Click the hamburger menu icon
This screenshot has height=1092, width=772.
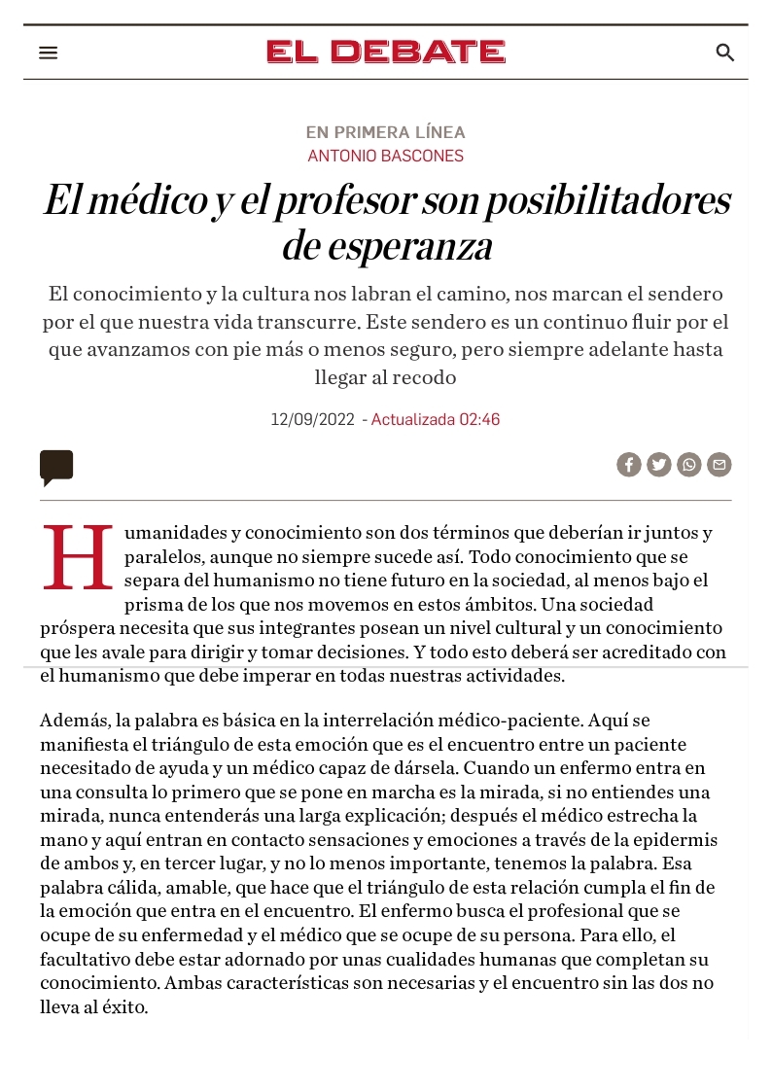(49, 53)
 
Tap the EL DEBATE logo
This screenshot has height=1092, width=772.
(386, 52)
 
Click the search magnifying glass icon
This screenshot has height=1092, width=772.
(724, 53)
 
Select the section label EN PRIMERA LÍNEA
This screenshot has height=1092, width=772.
(386, 132)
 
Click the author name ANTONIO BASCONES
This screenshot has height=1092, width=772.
(386, 156)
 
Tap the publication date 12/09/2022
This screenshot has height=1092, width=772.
(312, 420)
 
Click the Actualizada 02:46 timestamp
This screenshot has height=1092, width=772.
(436, 420)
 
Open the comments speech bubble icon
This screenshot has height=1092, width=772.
(56, 467)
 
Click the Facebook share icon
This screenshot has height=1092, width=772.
(629, 465)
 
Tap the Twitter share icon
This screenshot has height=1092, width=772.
(659, 465)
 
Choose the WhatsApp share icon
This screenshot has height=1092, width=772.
(689, 465)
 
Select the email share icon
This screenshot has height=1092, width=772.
(719, 465)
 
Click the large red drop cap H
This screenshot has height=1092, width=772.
(78, 558)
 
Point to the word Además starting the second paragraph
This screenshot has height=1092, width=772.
(75, 721)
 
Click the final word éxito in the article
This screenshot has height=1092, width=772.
(124, 1007)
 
